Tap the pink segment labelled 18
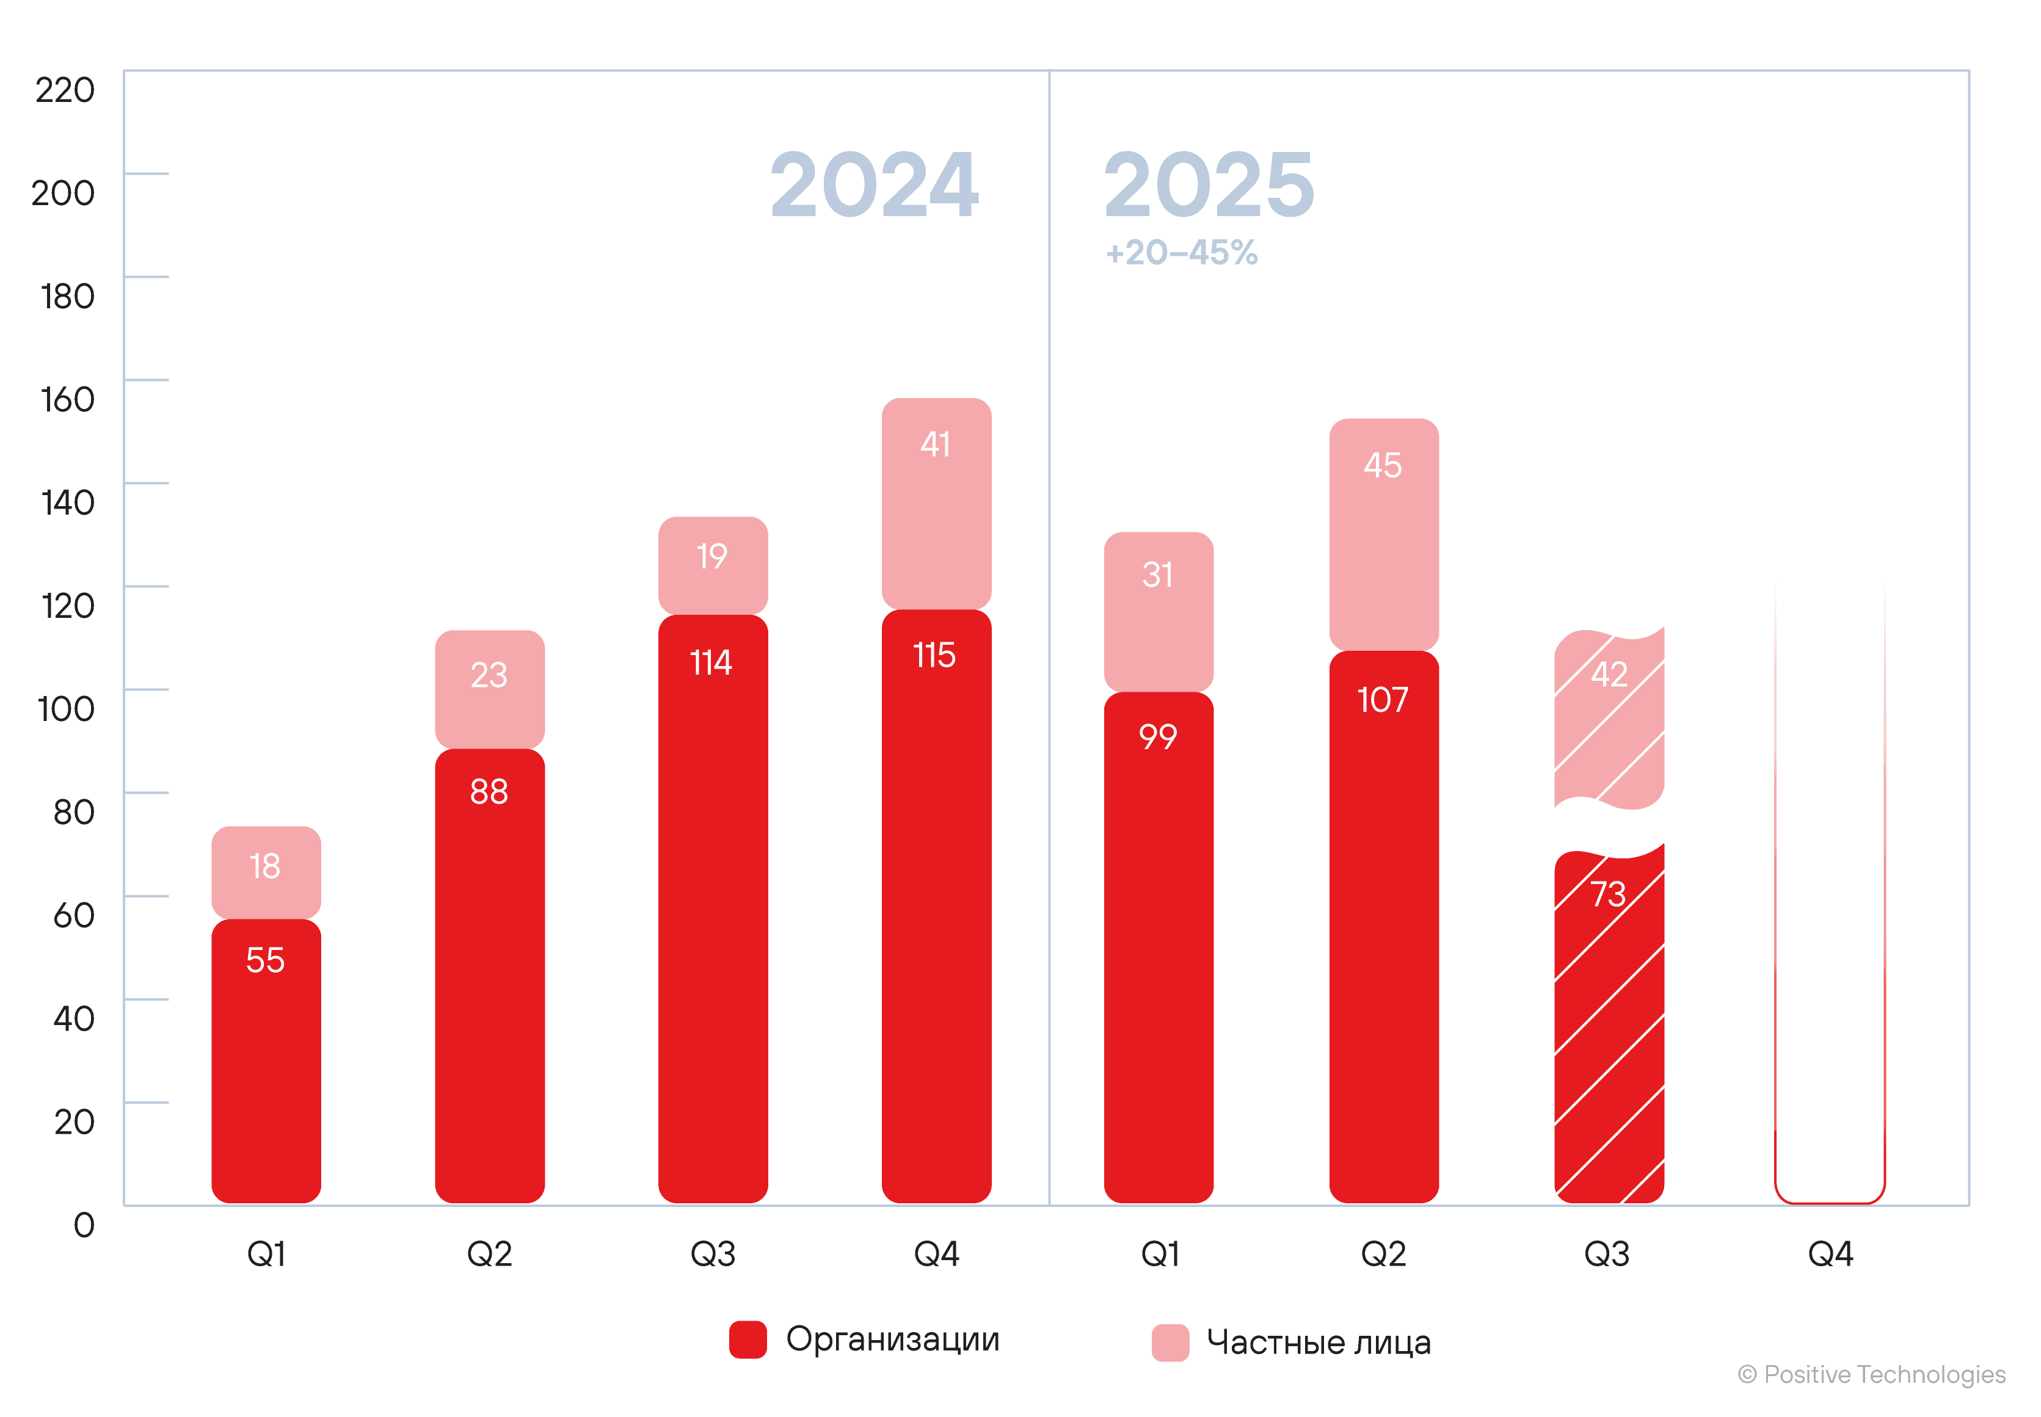coord(266,872)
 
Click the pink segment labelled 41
coord(936,504)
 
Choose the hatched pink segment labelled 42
coord(1609,719)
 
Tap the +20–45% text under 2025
coord(1181,253)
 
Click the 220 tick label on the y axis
coord(65,90)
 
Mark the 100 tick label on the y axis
coord(66,708)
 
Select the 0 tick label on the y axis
coord(84,1224)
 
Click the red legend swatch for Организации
coord(748,1339)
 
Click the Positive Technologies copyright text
coord(1871,1374)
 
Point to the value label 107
coord(1383,700)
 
